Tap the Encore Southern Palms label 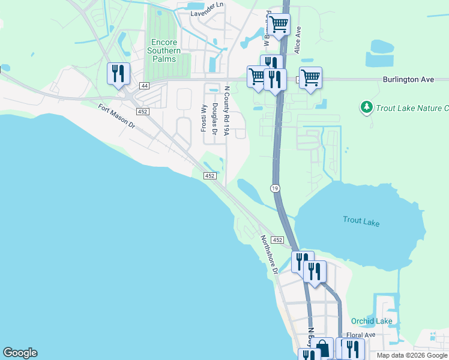coord(163,51)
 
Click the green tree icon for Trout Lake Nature coord(366,107)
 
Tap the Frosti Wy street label coord(203,117)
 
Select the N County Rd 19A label coord(227,110)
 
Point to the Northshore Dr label coord(269,254)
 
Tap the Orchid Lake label coord(372,321)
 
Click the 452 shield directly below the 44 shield coord(142,112)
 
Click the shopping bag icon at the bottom coord(323,348)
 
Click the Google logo coord(20,353)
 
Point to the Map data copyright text coord(412,355)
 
